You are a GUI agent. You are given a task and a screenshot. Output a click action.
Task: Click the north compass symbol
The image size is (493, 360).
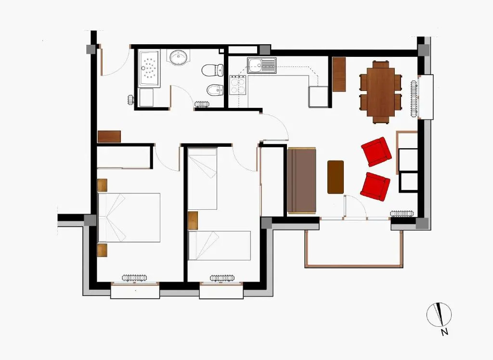[439, 315]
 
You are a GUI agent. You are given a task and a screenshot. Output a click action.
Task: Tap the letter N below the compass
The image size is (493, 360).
[444, 332]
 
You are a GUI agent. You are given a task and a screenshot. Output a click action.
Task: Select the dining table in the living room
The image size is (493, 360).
[381, 92]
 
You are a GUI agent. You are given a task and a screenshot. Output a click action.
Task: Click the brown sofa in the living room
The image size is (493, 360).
[301, 180]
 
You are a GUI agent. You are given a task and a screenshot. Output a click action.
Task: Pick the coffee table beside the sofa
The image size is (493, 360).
[336, 177]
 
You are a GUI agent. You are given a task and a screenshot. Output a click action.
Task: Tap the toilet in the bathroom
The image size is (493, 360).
[212, 70]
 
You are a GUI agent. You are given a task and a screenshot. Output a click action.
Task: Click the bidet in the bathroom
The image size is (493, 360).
[215, 90]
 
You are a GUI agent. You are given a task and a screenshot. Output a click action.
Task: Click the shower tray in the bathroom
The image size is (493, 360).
[149, 68]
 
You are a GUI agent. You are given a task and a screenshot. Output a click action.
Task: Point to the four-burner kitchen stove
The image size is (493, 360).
[238, 85]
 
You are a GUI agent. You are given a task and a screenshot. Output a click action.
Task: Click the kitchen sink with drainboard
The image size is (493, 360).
[261, 65]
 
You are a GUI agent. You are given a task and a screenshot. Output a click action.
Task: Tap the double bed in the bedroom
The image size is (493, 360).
[129, 218]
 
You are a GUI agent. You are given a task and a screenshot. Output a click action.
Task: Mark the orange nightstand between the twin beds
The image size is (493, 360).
[193, 220]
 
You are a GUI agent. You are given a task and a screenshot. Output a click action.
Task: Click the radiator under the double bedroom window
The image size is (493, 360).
[134, 278]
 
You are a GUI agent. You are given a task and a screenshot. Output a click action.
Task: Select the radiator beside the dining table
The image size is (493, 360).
[414, 98]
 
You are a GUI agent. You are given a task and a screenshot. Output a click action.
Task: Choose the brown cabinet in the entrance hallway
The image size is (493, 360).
[109, 137]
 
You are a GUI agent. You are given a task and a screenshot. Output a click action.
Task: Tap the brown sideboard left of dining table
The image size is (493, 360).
[339, 74]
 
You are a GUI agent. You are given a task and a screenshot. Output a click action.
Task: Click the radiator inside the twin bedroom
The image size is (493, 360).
[222, 278]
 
